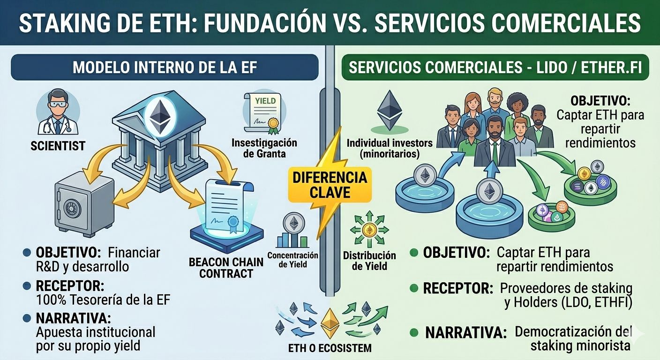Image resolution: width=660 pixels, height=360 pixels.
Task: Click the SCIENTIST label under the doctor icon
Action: pyautogui.click(x=58, y=145)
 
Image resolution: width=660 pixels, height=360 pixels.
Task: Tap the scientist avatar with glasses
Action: pyautogui.click(x=58, y=112)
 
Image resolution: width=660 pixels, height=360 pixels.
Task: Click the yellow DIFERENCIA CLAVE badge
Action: pyautogui.click(x=330, y=186)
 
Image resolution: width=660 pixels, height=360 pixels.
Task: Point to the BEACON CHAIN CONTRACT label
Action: pyautogui.click(x=226, y=267)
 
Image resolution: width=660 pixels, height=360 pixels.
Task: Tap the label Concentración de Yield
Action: pyautogui.click(x=292, y=260)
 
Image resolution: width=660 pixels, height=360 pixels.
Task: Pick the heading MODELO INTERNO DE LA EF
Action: pyautogui.click(x=165, y=67)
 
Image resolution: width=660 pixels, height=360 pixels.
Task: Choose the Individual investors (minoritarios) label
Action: pyautogui.click(x=382, y=148)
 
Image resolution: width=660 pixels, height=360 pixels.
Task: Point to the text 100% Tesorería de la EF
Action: pyautogui.click(x=103, y=300)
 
